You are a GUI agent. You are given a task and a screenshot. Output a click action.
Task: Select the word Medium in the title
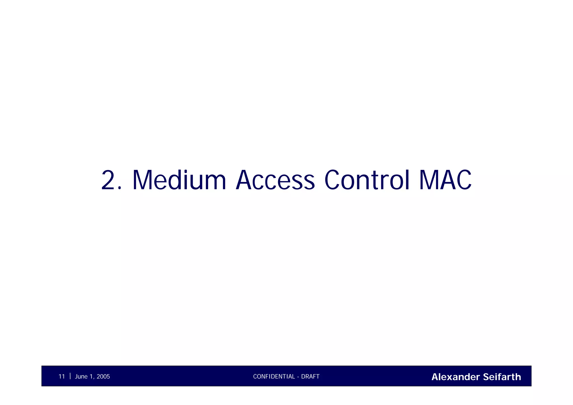(x=179, y=180)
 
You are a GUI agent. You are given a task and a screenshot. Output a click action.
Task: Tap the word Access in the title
(x=275, y=180)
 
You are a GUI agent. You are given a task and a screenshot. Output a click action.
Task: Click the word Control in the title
(x=367, y=180)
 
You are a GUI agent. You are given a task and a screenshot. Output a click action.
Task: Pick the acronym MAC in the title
(x=445, y=180)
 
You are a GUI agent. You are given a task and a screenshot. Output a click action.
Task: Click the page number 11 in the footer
(x=62, y=377)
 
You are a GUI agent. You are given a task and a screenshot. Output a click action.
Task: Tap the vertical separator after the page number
(x=70, y=376)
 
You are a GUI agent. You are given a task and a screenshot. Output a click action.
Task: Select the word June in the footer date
(x=81, y=377)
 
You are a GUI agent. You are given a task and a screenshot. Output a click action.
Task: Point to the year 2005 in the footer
(x=103, y=377)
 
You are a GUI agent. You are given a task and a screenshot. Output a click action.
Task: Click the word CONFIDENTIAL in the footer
(x=274, y=377)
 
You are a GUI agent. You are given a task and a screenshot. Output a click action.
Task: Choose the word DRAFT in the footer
(x=310, y=377)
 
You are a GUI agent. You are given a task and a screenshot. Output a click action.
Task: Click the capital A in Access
(x=246, y=180)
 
